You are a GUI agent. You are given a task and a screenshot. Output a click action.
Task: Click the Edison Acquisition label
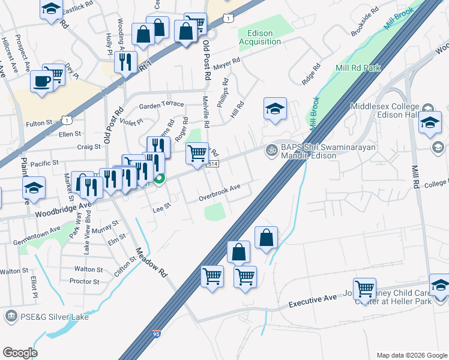[x=260, y=37]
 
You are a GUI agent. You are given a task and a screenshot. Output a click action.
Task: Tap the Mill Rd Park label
[x=359, y=68]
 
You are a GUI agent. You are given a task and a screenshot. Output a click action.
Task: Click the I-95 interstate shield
[x=156, y=350]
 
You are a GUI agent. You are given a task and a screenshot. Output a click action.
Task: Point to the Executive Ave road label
[x=313, y=301]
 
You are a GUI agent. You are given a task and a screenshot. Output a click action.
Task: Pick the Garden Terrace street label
[x=161, y=104]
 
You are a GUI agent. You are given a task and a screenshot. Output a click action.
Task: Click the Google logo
[x=20, y=352]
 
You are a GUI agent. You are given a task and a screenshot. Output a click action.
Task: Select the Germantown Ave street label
[x=38, y=230]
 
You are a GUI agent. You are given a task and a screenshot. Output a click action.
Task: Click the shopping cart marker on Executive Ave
[x=364, y=289]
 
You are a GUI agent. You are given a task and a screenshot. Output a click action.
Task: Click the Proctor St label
[x=84, y=281]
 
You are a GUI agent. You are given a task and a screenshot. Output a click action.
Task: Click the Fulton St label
[x=40, y=124]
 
